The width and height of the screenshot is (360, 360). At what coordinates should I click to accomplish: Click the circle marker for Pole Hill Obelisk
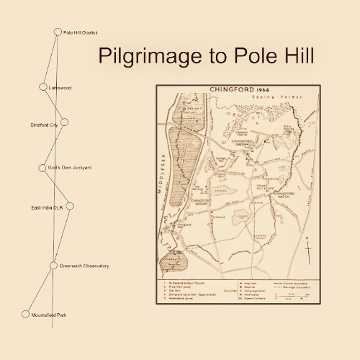58,32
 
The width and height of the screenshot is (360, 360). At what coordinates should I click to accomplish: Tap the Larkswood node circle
42,87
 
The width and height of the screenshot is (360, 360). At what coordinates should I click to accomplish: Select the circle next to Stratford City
64,122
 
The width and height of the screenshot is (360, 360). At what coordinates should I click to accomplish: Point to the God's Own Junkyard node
42,168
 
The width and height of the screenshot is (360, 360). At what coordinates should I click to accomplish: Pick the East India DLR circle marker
70,206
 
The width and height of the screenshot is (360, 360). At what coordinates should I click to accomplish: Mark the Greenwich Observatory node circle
53,266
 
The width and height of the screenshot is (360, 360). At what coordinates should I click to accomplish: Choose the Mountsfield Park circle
25,315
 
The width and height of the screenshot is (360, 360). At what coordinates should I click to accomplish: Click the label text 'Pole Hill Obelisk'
80,32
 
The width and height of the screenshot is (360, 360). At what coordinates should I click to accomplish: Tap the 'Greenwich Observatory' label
84,266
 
